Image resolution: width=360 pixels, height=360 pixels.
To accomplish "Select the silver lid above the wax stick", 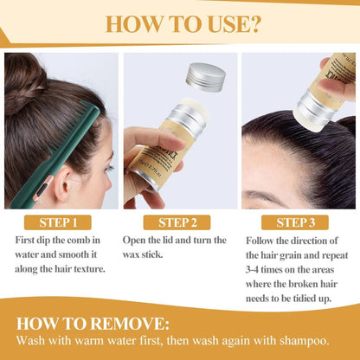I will [x=206, y=76].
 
